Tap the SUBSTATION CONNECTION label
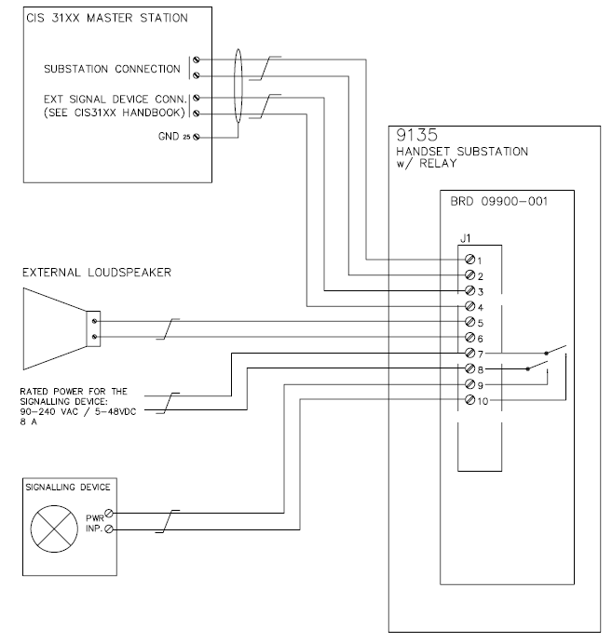coord(112,69)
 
